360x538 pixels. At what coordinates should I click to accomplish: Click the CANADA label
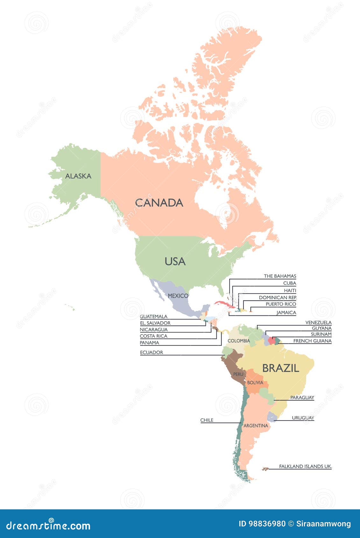(x=159, y=203)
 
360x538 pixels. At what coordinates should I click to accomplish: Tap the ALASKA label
(x=78, y=176)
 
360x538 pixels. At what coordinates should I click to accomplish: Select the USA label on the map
(x=175, y=261)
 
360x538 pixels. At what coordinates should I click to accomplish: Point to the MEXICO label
(x=178, y=296)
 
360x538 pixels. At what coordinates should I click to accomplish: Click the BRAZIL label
(x=280, y=368)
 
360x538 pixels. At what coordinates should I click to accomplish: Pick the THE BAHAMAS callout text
(x=280, y=276)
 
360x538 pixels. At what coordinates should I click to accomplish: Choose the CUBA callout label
(x=289, y=283)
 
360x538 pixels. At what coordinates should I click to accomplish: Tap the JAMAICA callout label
(x=286, y=313)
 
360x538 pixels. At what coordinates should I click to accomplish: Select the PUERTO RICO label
(x=281, y=304)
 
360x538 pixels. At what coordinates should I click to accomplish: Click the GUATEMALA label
(x=153, y=316)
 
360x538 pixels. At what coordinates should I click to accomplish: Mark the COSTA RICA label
(x=153, y=336)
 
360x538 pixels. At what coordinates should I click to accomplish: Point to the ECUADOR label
(x=152, y=352)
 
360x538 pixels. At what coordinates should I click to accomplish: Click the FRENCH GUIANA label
(x=312, y=341)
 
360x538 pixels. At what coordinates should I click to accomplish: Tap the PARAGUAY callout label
(x=302, y=398)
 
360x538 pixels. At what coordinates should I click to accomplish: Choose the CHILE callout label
(x=207, y=420)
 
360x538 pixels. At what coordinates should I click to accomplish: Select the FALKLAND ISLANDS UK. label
(x=305, y=466)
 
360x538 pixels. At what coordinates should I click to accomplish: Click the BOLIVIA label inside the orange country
(x=255, y=383)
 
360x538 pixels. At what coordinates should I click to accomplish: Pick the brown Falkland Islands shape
(x=265, y=469)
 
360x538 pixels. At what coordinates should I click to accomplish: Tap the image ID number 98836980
(x=267, y=524)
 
